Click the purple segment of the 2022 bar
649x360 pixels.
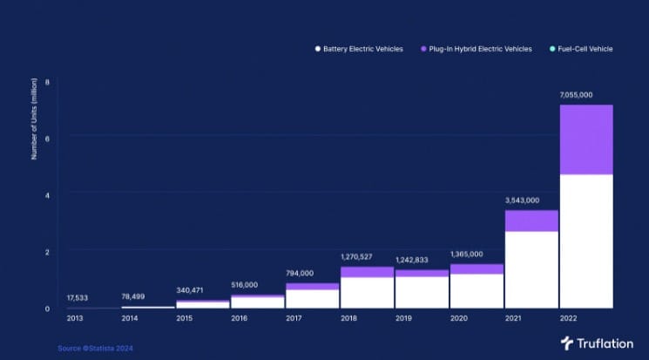click(x=585, y=139)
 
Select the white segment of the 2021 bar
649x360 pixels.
click(x=531, y=269)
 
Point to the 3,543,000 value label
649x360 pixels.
click(x=524, y=200)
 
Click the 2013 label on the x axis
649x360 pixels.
click(x=77, y=318)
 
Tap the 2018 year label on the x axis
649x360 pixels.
click(x=349, y=318)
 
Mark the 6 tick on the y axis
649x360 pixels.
click(x=48, y=138)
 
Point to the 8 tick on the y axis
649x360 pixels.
click(x=48, y=82)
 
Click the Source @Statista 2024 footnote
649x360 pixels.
click(x=96, y=348)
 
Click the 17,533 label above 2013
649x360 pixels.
click(x=82, y=298)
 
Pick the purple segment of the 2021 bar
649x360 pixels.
click(x=531, y=221)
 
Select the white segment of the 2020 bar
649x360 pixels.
click(x=477, y=290)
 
